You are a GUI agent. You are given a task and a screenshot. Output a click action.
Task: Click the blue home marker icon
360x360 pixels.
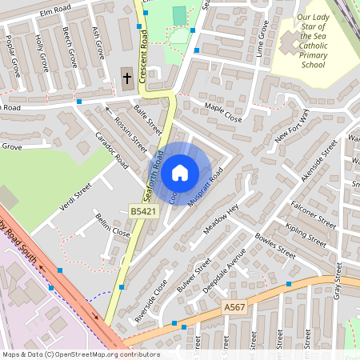pos(180,172)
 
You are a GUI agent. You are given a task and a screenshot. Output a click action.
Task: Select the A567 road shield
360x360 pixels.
pos(234,307)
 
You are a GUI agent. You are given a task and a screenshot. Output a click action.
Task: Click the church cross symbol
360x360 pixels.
pos(126,78)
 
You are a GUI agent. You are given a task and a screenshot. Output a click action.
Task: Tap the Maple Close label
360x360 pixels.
pos(222,112)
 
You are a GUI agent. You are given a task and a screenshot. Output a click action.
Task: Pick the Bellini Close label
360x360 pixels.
pos(112,226)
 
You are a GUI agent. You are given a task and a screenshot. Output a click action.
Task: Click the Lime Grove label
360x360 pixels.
pos(263,37)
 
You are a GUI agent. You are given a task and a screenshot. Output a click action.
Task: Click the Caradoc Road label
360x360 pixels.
pos(112,149)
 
